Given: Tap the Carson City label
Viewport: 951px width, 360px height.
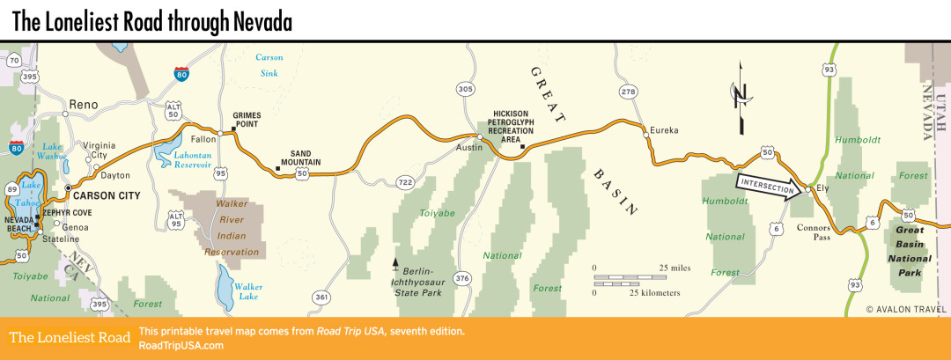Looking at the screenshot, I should click(x=109, y=188).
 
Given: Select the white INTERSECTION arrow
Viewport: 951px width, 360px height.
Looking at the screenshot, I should click(x=770, y=187).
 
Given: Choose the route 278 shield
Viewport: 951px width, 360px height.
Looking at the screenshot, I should click(x=627, y=92).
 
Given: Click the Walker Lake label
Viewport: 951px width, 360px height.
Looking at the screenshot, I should click(x=248, y=291).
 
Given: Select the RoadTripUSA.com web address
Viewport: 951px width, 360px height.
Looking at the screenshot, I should click(x=181, y=345).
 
